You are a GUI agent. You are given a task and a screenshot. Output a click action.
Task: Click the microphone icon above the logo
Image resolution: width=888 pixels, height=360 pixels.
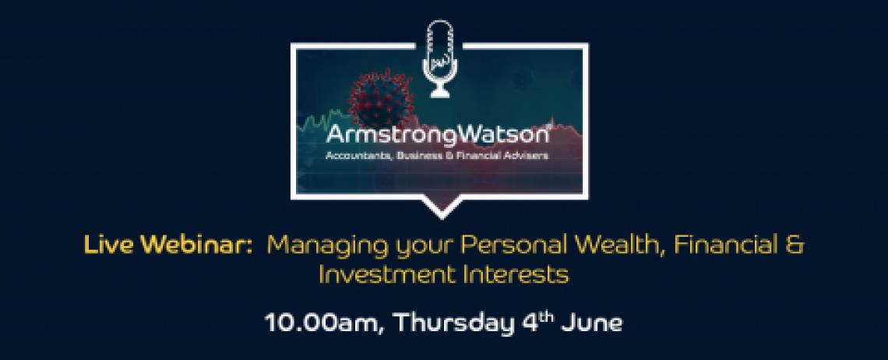(x=439, y=58)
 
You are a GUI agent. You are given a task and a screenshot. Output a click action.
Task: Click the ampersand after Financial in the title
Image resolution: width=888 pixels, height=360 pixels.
(x=795, y=245)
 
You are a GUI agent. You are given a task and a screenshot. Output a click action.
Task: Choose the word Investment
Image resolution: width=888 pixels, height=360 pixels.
(x=387, y=275)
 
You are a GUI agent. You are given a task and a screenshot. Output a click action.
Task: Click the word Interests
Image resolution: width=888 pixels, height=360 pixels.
(x=515, y=275)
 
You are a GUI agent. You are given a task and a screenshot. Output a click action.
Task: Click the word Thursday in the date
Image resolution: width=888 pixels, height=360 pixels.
(x=453, y=324)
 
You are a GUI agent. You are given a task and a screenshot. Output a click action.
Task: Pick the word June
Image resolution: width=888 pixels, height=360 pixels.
(x=592, y=323)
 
